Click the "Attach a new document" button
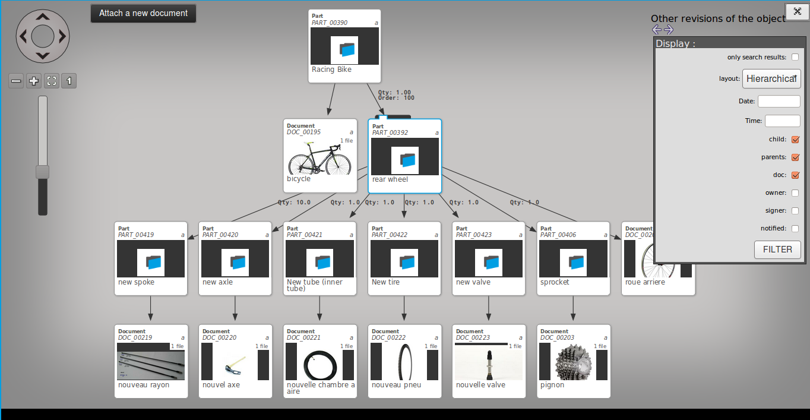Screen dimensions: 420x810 point(143,13)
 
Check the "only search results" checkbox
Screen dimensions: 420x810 point(795,57)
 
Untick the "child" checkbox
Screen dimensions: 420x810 point(795,140)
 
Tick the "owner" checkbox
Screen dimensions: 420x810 point(795,192)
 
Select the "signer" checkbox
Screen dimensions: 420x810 point(795,210)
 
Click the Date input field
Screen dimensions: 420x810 point(779,101)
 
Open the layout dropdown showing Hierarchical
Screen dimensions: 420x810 point(771,78)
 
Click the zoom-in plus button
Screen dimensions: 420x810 point(34,81)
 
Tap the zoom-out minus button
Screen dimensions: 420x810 point(16,81)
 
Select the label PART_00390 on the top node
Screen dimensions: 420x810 point(330,23)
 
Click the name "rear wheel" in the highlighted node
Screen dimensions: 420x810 point(390,179)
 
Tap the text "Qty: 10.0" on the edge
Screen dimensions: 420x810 point(294,203)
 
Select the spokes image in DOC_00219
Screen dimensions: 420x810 point(151,365)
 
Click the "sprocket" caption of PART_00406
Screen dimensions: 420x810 point(555,282)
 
